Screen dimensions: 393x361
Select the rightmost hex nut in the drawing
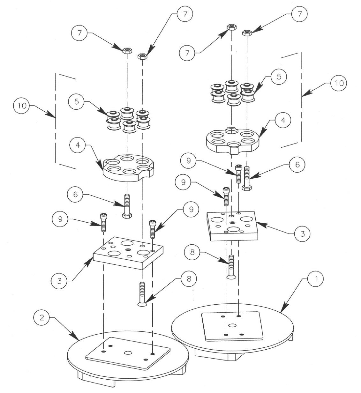coord(247,33)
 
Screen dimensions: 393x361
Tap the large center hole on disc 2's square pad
coord(128,353)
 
